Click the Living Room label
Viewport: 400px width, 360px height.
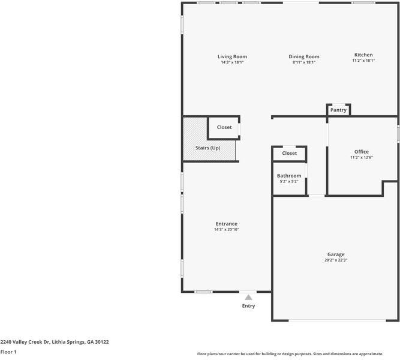pos(232,56)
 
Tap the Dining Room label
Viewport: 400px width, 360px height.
pos(304,56)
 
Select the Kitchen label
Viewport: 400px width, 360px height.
pos(363,55)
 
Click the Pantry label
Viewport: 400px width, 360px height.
pos(338,110)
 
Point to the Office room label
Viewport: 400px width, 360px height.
pos(362,152)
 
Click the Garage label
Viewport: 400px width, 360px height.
pos(336,254)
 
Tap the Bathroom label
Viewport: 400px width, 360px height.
pos(289,176)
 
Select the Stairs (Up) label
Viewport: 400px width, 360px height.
pos(207,148)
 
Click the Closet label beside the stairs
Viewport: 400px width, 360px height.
pos(224,127)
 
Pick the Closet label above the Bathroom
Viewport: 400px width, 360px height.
pos(290,153)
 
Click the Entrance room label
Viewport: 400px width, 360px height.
pos(226,224)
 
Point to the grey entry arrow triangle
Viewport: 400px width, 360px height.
pos(248,296)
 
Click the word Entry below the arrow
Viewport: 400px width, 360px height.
pos(248,306)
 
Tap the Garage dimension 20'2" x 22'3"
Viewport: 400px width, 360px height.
pos(336,260)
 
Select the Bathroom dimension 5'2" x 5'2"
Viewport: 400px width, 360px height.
pos(289,181)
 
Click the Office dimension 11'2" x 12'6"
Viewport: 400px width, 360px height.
pos(362,157)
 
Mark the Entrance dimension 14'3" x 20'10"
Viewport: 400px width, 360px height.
pos(226,229)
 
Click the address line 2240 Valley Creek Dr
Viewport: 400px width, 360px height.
pos(55,341)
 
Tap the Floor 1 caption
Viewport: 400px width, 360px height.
pos(8,352)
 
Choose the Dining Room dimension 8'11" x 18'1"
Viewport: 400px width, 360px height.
pos(304,62)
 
